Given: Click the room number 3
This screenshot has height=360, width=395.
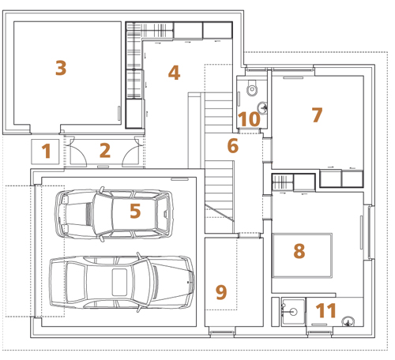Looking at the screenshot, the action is click(x=61, y=68).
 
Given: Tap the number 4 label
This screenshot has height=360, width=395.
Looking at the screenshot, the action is click(x=174, y=73).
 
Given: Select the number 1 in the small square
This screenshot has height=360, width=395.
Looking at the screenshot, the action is click(x=47, y=151).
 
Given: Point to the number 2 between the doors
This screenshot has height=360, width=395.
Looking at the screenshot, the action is click(x=105, y=151).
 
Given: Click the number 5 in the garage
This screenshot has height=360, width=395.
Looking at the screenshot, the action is click(x=135, y=211).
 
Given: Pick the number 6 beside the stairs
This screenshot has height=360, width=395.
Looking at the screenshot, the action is click(x=233, y=146).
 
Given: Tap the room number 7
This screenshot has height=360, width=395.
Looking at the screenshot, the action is click(x=317, y=115).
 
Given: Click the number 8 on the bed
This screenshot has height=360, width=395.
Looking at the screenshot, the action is click(x=299, y=251).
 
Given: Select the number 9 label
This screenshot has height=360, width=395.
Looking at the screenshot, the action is click(x=221, y=292).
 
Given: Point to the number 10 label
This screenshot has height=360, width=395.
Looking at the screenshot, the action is click(x=249, y=119).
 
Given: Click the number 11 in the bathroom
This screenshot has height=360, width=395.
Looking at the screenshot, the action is click(x=325, y=310).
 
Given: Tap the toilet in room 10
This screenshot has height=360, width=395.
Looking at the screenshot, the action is click(x=252, y=88).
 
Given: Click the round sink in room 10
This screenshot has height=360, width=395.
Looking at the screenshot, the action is click(x=262, y=108).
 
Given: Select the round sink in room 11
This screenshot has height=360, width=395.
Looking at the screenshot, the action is click(x=348, y=321).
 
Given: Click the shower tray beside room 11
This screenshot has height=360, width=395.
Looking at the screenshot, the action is click(x=293, y=313).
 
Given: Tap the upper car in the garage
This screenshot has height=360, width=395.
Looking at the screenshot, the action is click(x=114, y=214).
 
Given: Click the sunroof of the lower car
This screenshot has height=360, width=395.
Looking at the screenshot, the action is click(x=119, y=282).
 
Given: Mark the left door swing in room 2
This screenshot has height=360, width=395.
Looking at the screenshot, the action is click(x=79, y=151).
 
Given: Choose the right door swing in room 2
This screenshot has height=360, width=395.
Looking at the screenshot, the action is click(x=130, y=151).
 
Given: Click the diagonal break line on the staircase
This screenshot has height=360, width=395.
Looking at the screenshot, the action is click(x=219, y=212).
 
